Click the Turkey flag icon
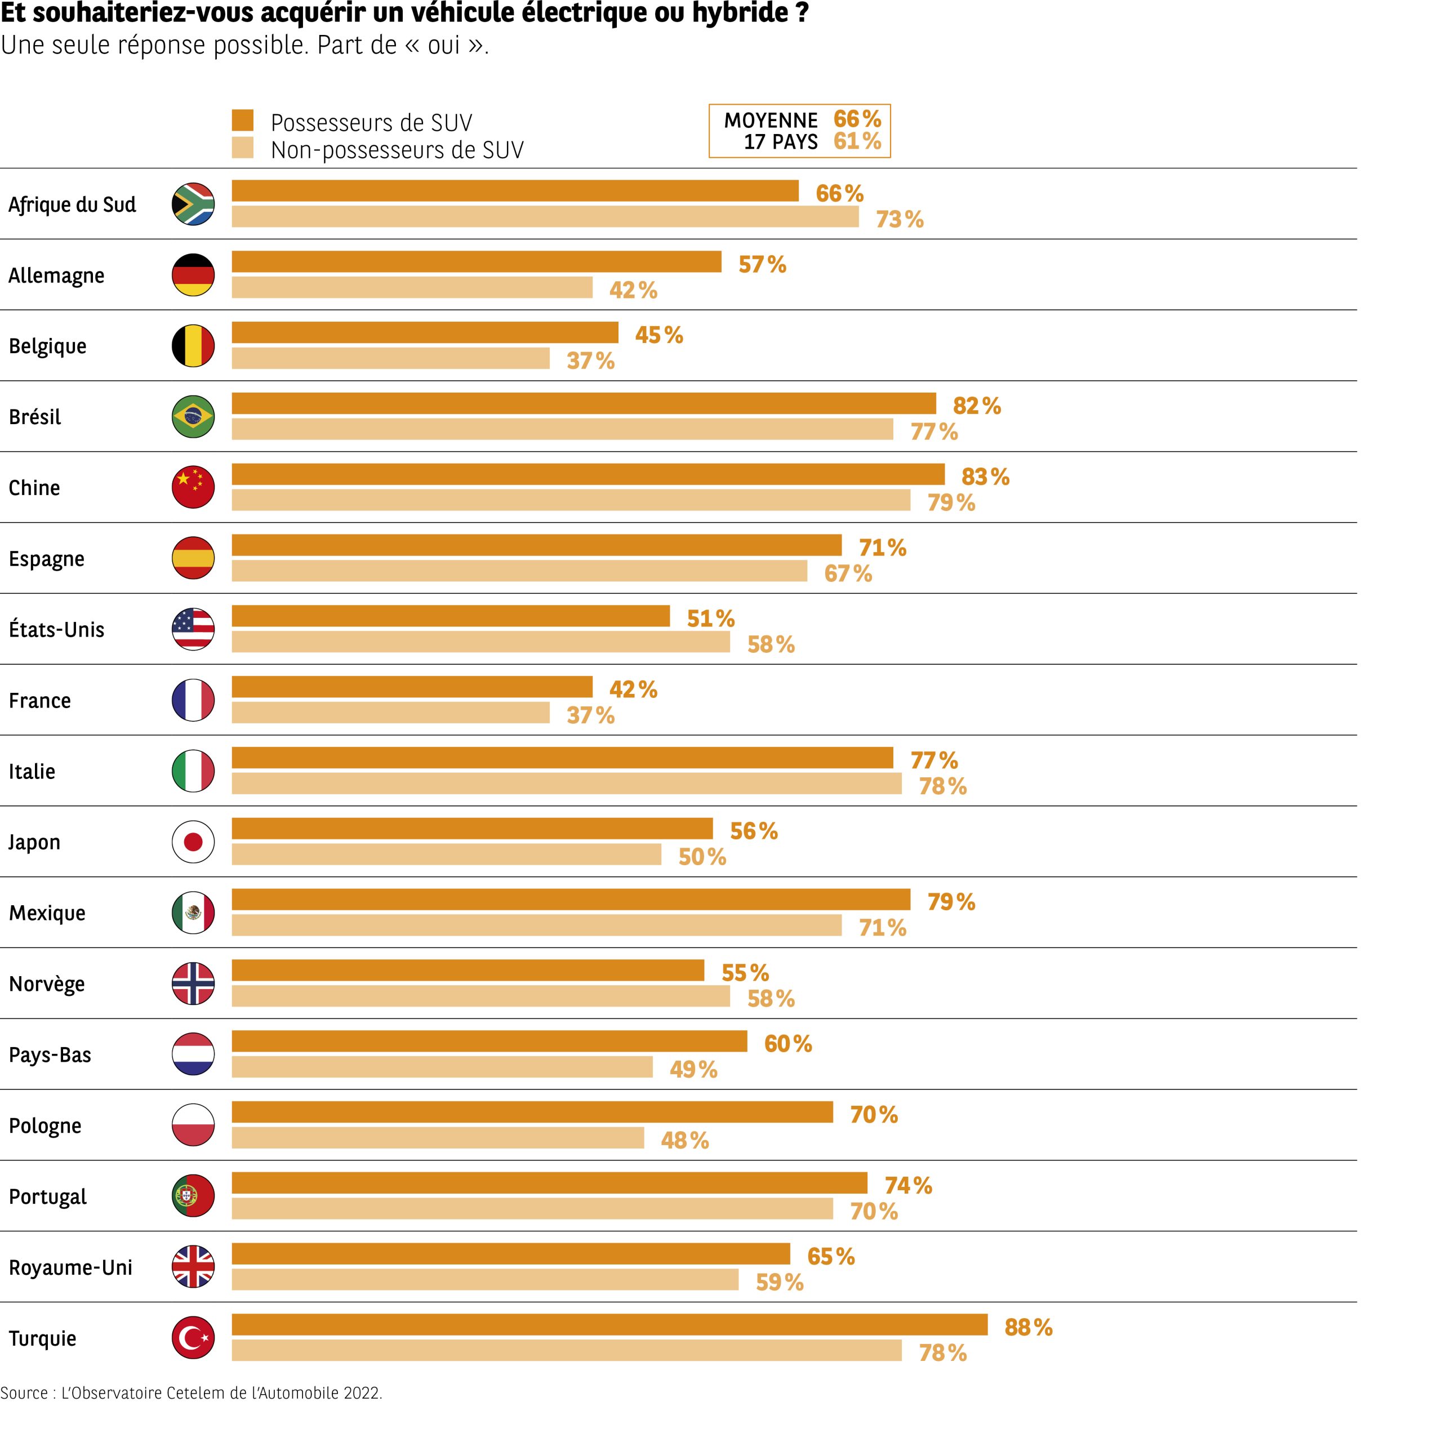pos(193,1337)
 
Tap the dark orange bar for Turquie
pos(609,1324)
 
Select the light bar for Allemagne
pos(412,287)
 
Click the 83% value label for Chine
pos(985,476)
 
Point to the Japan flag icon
pos(193,842)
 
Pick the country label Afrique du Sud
pos(73,204)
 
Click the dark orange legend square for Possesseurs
pos(243,120)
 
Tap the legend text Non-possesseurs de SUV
pos(397,150)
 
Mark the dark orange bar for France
pos(412,687)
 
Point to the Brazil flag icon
pos(193,416)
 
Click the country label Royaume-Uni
pos(71,1267)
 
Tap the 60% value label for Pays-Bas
pos(787,1043)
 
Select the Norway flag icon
pos(193,983)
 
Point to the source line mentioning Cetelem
pos(191,1393)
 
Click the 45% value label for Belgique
pos(659,335)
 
